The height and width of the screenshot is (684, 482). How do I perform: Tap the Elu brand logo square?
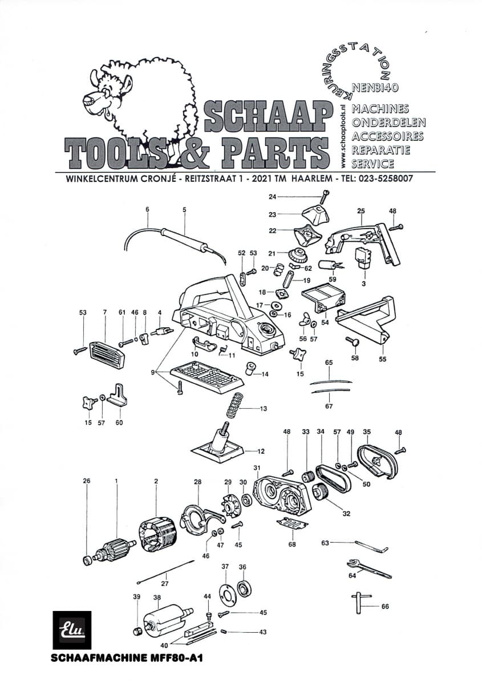click(72, 630)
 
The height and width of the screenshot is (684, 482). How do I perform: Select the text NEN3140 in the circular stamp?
click(375, 88)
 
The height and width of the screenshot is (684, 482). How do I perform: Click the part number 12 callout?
click(261, 451)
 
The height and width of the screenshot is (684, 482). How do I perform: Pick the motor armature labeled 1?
click(112, 552)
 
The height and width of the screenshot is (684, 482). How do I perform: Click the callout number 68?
click(292, 544)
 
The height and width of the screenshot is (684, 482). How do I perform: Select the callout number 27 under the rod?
click(164, 583)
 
